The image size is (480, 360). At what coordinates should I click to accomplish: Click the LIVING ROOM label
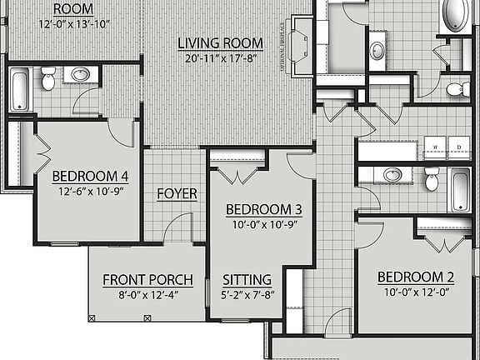pyautogui.click(x=221, y=42)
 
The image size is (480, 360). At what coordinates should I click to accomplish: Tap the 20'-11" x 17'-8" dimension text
pyautogui.click(x=221, y=58)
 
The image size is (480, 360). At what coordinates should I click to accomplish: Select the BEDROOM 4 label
pyautogui.click(x=90, y=176)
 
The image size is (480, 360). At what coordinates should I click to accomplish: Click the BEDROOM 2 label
pyautogui.click(x=415, y=277)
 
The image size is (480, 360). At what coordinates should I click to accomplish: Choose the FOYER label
pyautogui.click(x=177, y=193)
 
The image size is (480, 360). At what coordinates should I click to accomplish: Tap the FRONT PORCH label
pyautogui.click(x=147, y=279)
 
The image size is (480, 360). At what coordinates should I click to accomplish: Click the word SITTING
pyautogui.click(x=247, y=279)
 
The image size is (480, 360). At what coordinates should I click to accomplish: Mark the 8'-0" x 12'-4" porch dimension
pyautogui.click(x=147, y=294)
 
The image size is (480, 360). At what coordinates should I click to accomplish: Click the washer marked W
pyautogui.click(x=436, y=147)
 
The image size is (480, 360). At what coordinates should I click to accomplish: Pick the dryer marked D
pyautogui.click(x=459, y=147)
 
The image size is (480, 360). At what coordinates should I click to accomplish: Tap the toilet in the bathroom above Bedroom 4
pyautogui.click(x=48, y=79)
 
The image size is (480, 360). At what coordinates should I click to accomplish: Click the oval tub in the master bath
pyautogui.click(x=457, y=15)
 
